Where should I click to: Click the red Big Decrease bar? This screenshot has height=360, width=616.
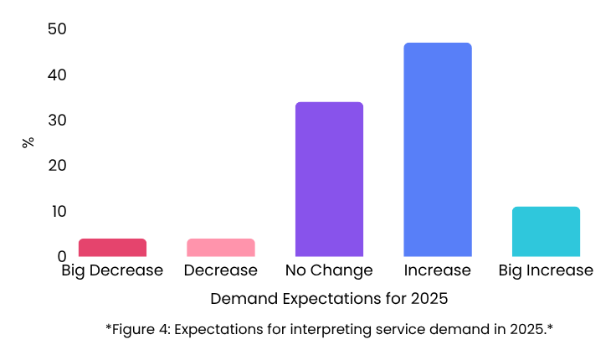pos(112,248)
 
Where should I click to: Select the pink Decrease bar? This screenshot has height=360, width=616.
pos(220,248)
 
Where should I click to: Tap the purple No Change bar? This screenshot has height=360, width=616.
pos(329,179)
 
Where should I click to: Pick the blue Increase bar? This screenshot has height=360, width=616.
pos(437,150)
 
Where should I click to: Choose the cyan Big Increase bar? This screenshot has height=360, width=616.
pos(546,231)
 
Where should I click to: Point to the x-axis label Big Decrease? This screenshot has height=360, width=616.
pos(112,271)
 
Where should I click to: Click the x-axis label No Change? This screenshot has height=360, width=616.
pos(329,271)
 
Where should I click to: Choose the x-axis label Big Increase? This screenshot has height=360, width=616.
pos(546,271)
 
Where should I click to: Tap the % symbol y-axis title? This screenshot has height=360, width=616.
pos(28,142)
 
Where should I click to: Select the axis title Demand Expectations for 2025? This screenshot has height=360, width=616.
pos(329,299)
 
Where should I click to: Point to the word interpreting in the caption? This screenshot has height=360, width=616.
pos(331,329)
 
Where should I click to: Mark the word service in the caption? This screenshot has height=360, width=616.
pos(398,329)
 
